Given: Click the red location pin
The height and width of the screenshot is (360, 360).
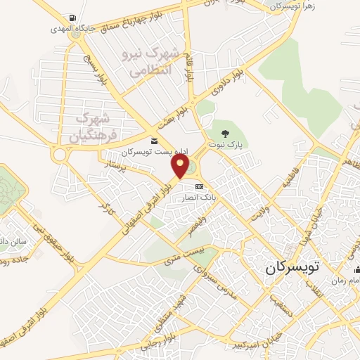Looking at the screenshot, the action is coord(181,166).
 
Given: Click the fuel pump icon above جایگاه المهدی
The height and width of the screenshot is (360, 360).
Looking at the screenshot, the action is coord(73,18).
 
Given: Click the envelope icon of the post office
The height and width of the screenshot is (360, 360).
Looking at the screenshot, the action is coord(154,141).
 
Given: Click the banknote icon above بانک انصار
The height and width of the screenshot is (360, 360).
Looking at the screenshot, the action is coord(199,186).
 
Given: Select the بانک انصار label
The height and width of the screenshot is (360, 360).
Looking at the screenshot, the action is coord(199,197).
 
